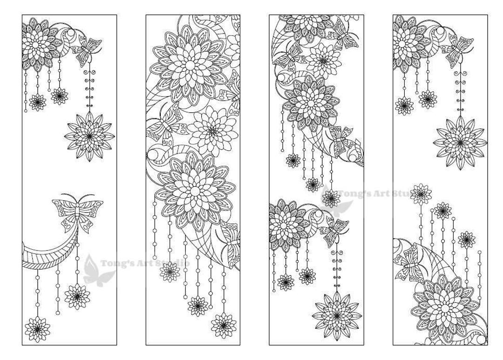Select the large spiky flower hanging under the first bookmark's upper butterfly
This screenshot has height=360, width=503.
pos(89,136)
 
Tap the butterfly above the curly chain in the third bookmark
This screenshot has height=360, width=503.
pos(335,230)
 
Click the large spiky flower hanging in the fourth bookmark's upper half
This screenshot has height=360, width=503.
pos(459,142)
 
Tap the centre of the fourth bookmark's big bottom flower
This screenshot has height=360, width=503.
pos(445,308)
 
